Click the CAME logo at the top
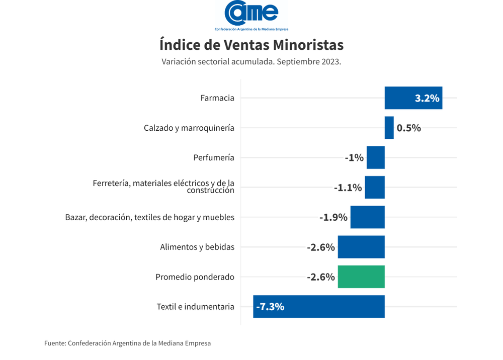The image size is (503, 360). pos(251,16)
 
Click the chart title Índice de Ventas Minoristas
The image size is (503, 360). pos(251,45)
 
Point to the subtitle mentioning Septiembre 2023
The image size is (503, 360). pos(251,62)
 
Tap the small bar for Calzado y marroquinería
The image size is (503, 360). pos(389,128)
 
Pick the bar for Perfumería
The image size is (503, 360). pos(375,157)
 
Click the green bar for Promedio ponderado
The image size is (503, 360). pos(361,277)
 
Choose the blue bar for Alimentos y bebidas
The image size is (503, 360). pos(361,247)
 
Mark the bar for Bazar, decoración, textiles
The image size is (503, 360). pos(367,217)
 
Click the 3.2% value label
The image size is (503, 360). pos(427,98)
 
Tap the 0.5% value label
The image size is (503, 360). pos(408,128)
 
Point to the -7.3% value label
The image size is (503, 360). pos(270,306)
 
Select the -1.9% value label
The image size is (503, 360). pos(333,217)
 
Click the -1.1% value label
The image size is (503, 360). pos(348,188)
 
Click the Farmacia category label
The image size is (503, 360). pos(217,98)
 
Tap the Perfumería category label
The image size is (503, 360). pos(214,157)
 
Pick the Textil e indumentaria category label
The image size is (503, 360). pos(195,306)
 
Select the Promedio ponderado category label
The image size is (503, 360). pos(195,277)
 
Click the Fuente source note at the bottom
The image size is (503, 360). pos(127,343)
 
